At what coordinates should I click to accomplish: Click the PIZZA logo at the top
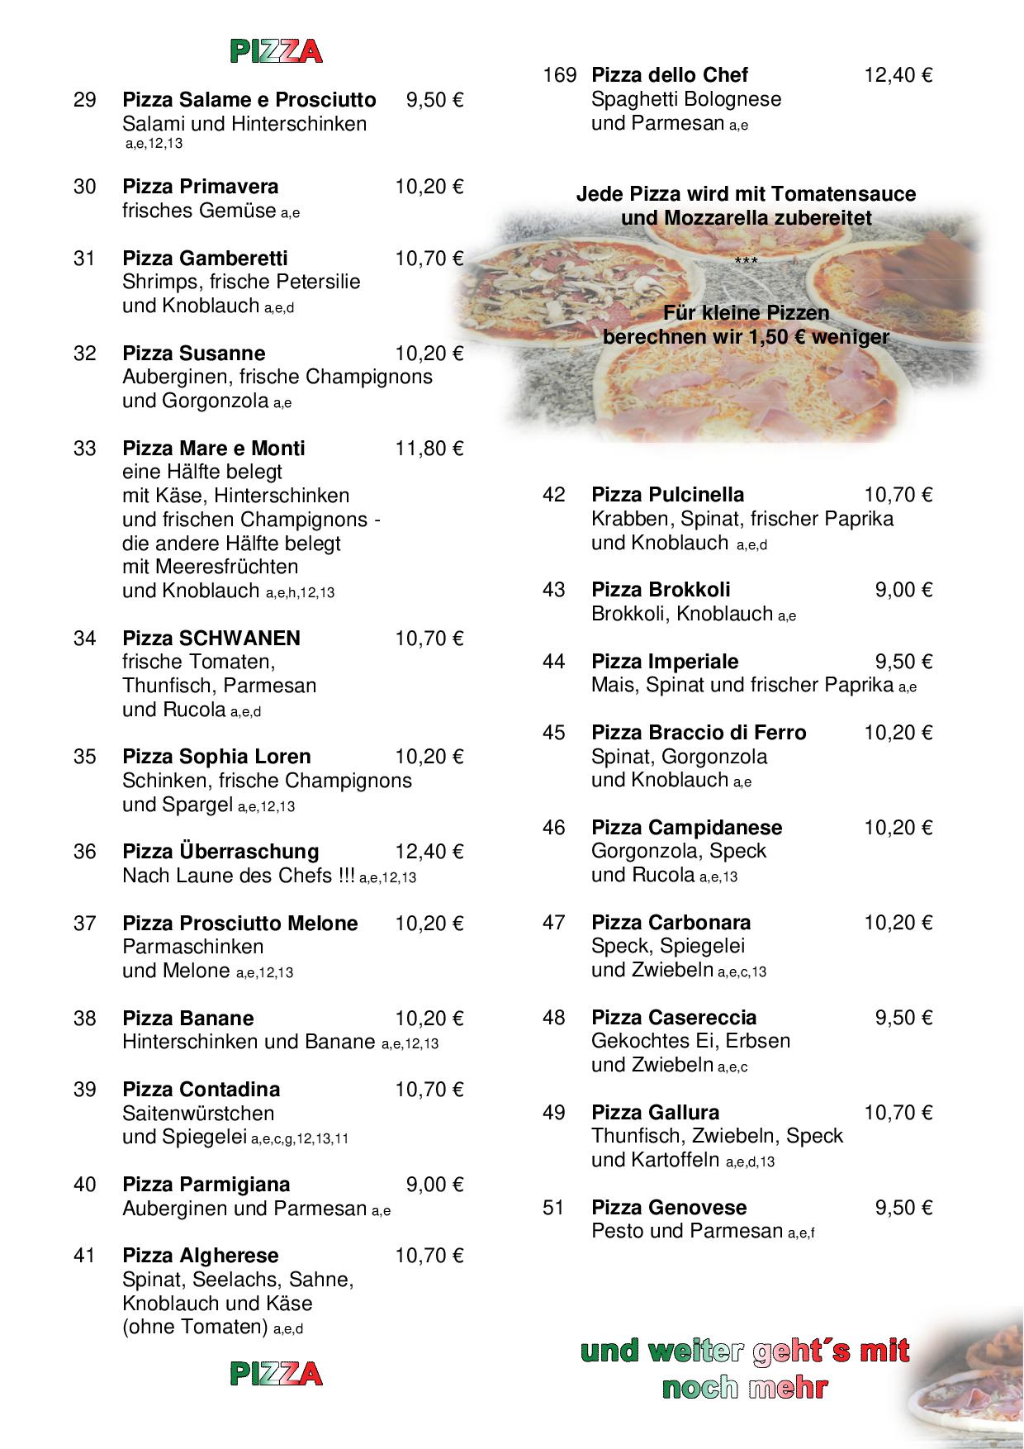276,52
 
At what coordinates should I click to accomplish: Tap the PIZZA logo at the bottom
276,1374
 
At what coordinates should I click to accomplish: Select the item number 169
559,75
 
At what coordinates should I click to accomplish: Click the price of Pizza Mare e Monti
429,449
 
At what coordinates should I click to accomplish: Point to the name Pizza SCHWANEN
211,638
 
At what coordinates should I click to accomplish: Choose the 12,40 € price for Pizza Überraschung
429,852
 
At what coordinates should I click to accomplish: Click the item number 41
85,1256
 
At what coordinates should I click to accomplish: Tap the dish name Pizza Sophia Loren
216,757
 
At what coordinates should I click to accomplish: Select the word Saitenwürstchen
198,1113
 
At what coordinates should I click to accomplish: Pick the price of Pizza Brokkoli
903,590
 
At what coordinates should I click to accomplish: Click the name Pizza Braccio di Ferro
699,733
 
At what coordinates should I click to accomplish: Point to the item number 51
553,1208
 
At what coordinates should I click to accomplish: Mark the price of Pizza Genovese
903,1208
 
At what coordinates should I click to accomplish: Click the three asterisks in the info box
746,262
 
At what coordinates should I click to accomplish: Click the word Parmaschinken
192,947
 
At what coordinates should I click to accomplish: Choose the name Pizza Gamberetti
205,259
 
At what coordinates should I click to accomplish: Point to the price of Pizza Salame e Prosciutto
434,100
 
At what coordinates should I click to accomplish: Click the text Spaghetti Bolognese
686,99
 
